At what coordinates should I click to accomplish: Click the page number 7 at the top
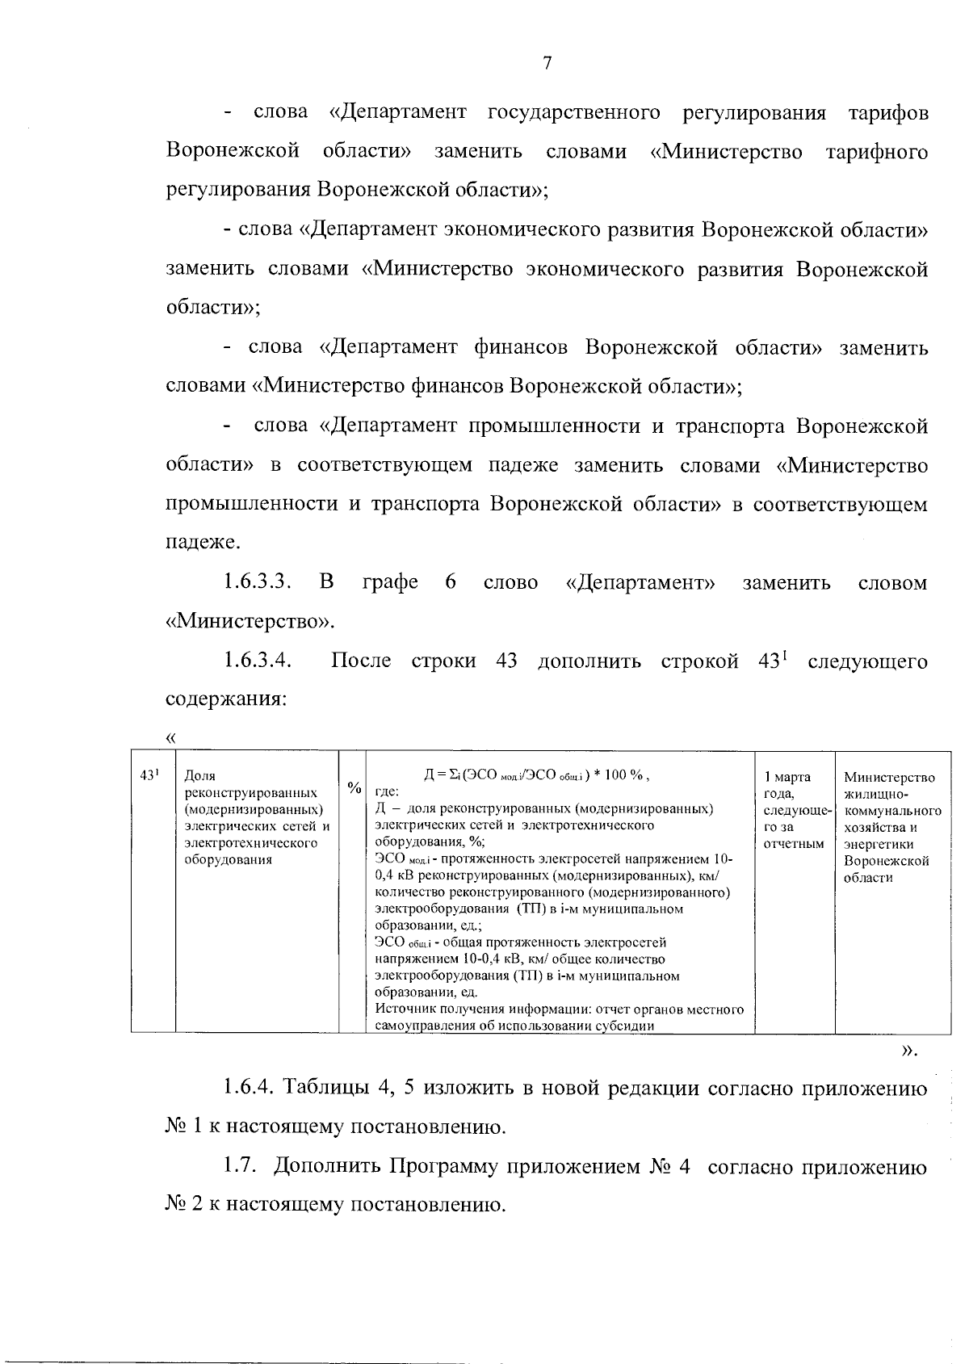(x=547, y=65)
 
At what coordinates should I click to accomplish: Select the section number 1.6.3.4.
(x=258, y=661)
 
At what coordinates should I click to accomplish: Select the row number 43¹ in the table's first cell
(x=149, y=775)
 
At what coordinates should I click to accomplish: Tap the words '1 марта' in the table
(x=787, y=777)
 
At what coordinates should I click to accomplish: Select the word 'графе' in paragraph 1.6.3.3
(x=391, y=582)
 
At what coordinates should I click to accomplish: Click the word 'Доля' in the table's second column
(x=199, y=777)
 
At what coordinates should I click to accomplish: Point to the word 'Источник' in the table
(x=401, y=1009)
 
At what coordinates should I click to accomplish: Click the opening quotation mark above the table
(x=170, y=737)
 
